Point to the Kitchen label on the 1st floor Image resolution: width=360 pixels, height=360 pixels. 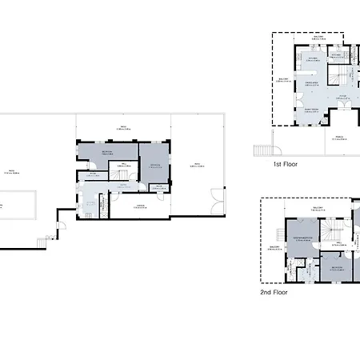click(314, 57)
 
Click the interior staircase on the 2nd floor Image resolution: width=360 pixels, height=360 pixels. click(329, 231)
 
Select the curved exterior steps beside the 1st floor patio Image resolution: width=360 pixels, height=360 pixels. click(262, 150)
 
